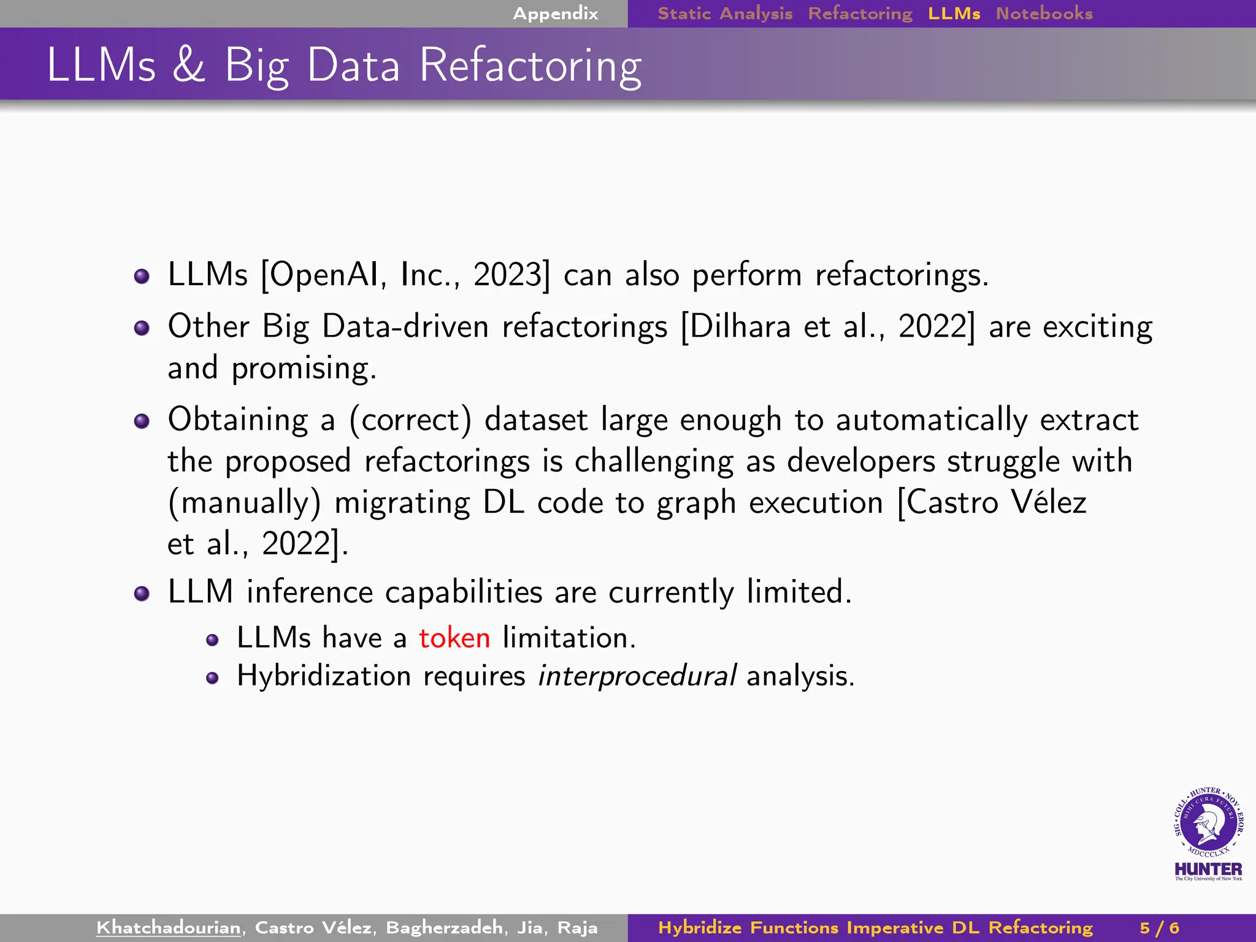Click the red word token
tap(454, 638)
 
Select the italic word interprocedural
tap(637, 676)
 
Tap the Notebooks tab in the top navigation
tap(1044, 13)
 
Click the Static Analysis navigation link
tap(725, 13)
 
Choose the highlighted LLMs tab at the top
tap(954, 13)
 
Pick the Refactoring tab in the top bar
tap(860, 13)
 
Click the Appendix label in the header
tap(555, 13)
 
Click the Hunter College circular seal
tap(1208, 822)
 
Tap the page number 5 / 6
tap(1159, 927)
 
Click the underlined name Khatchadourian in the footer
tap(169, 927)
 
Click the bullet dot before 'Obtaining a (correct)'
tap(142, 421)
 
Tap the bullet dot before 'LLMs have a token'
tap(212, 641)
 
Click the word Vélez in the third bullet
tap(1049, 502)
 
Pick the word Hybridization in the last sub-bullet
tap(324, 676)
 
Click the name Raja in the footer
tap(577, 927)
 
